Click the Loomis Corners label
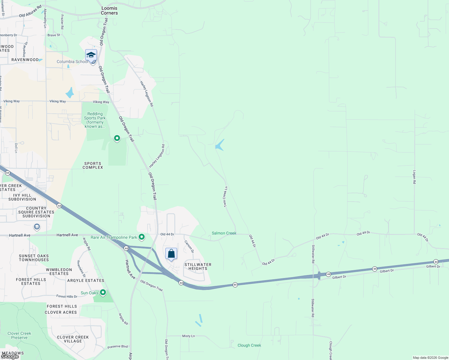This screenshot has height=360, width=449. tap(109, 10)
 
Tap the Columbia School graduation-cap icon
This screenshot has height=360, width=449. tap(91, 55)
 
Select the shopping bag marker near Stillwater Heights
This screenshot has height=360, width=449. tap(171, 254)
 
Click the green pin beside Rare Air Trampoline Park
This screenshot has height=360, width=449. tap(142, 237)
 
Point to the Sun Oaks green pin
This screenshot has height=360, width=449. tap(103, 292)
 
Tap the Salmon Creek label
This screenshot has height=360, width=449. tap(224, 233)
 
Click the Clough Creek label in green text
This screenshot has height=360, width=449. tap(249, 345)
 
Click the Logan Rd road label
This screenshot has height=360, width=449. tap(414, 177)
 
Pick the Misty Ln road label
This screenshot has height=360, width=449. tap(188, 336)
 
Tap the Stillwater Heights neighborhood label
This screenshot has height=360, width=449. tap(198, 266)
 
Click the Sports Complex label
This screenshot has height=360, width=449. tap(93, 166)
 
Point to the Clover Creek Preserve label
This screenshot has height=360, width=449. tap(19, 335)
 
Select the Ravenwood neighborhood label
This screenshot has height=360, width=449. tap(25, 60)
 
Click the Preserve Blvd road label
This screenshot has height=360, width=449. tap(118, 346)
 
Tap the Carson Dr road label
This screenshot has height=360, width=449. tap(189, 246)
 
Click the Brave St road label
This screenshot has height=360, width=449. tap(54, 35)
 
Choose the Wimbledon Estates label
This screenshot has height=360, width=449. tap(59, 271)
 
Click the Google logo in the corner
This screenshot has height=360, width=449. tap(10, 356)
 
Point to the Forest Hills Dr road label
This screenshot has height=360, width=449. tap(67, 296)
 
